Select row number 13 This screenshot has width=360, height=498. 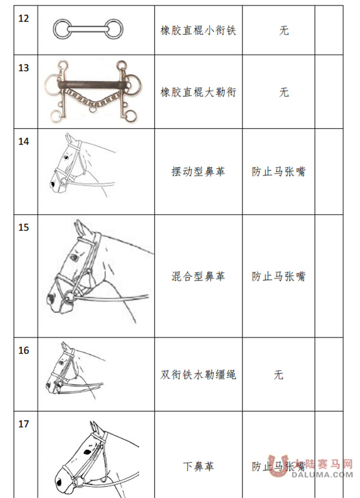point(24,68)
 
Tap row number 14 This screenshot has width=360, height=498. point(24,141)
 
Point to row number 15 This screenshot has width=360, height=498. point(24,227)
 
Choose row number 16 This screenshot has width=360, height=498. point(24,350)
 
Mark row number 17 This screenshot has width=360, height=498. point(24,424)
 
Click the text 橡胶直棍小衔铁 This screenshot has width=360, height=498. point(198,30)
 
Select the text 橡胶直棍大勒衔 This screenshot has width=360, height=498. point(198,92)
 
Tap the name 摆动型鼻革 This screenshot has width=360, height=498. point(198,172)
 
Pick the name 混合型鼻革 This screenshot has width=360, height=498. point(198,276)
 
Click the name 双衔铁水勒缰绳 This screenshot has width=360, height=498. point(198,375)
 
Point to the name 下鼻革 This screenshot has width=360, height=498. point(198,466)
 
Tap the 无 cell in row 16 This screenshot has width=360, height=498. point(279,375)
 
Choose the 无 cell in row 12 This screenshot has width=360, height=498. point(284,30)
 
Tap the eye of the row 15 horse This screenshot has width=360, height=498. point(73,257)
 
